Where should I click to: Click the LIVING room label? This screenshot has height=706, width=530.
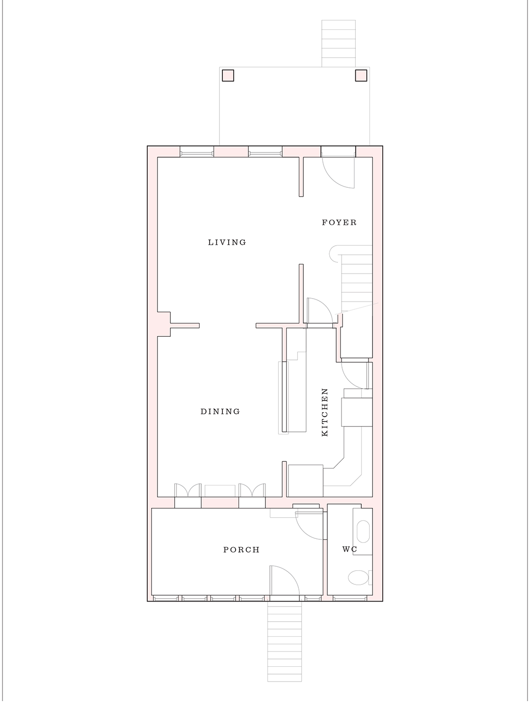(x=227, y=242)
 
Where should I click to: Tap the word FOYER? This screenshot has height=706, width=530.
(x=339, y=223)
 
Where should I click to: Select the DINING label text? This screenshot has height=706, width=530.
(x=220, y=411)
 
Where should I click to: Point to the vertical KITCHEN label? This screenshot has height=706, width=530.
(x=324, y=412)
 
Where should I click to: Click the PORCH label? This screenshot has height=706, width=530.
(x=241, y=550)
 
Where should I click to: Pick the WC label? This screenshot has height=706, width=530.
(x=349, y=549)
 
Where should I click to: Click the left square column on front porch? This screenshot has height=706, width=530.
(x=228, y=76)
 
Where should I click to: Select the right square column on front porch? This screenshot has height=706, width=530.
(x=361, y=76)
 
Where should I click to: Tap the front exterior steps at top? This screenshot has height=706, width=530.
(x=338, y=43)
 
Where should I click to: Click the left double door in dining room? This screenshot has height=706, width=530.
(x=188, y=491)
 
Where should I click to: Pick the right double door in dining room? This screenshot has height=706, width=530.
(x=252, y=491)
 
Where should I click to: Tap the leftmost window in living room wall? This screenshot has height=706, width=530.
(x=197, y=152)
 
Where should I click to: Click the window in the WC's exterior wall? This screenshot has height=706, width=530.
(x=350, y=598)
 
